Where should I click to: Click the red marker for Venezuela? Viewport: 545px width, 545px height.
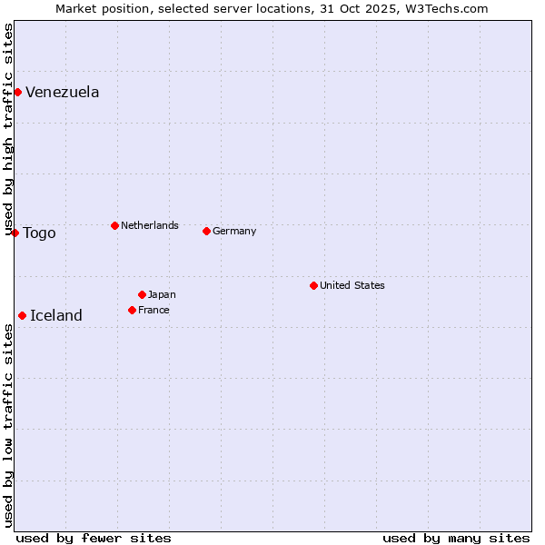(17, 92)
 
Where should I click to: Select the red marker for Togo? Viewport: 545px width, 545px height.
(15, 233)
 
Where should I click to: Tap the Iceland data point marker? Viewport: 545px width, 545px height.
(22, 315)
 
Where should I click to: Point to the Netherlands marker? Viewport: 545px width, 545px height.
(114, 225)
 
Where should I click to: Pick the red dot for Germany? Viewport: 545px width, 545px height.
(206, 231)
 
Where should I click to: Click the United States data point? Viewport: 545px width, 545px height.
(313, 285)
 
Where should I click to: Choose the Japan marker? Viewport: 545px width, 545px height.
(142, 294)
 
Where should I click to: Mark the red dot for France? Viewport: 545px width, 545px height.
(132, 310)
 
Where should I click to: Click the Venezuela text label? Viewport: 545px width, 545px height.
(63, 92)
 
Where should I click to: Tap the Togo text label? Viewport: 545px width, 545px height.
(39, 233)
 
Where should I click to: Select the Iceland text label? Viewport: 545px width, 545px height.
(56, 316)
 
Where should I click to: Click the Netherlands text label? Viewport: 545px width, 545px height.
(150, 225)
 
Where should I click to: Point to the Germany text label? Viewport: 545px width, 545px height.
(234, 231)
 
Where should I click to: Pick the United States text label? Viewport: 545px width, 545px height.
(352, 285)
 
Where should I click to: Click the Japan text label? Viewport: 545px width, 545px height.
(162, 294)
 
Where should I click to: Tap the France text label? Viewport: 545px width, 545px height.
(154, 310)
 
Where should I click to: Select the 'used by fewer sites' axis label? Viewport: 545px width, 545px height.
(94, 538)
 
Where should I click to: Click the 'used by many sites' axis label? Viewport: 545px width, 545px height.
(456, 538)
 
